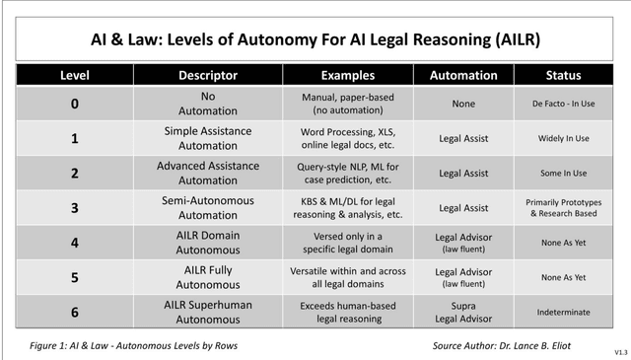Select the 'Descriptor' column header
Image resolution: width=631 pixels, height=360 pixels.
(x=208, y=75)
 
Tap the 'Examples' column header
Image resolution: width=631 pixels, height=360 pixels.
(x=355, y=75)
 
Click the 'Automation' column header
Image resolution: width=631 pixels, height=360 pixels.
(x=463, y=75)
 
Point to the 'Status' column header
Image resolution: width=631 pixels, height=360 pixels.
(x=564, y=75)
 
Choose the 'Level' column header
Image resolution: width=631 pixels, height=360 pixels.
(x=75, y=75)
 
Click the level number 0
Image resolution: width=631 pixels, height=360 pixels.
(x=75, y=104)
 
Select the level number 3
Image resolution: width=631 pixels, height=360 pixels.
(x=75, y=207)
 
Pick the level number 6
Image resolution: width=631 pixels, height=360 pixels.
(x=75, y=312)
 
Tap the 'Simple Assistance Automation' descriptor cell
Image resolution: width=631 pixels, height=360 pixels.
(x=208, y=138)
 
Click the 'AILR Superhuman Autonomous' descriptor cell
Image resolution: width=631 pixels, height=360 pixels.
(x=208, y=312)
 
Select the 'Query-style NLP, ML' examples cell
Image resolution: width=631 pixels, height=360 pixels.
(x=355, y=173)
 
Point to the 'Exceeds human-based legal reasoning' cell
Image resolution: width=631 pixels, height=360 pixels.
(x=355, y=312)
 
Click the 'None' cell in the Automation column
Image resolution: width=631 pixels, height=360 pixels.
(x=463, y=104)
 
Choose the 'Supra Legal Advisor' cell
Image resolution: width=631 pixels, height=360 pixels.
(x=463, y=312)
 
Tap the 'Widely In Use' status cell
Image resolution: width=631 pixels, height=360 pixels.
(x=564, y=138)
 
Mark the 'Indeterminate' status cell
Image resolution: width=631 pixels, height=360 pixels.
(x=564, y=312)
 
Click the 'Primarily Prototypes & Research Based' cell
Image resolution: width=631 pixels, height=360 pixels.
(x=564, y=207)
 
